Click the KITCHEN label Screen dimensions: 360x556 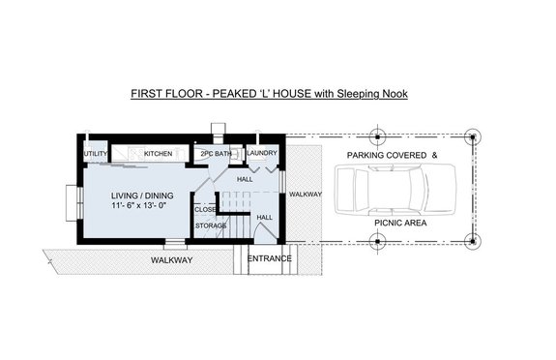[x=158, y=154]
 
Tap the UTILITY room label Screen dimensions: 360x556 [x=95, y=154]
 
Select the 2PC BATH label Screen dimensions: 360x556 [x=215, y=154]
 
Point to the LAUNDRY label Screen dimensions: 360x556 [x=262, y=154]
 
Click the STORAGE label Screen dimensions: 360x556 [x=211, y=225]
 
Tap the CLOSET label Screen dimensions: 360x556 [x=206, y=209]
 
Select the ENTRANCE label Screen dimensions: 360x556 [x=270, y=259]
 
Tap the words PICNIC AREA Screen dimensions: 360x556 [x=399, y=222]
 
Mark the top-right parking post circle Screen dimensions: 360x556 [x=471, y=136]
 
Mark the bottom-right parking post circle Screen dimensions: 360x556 [x=471, y=241]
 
